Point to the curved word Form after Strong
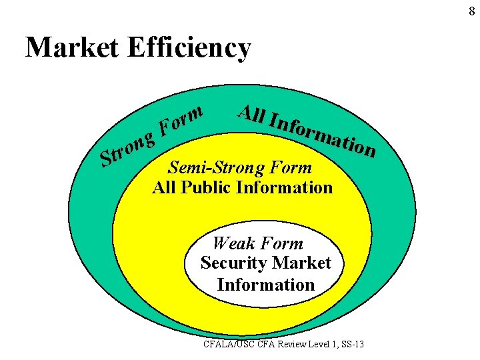click(x=180, y=120)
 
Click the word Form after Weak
click(x=283, y=243)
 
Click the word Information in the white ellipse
click(x=265, y=285)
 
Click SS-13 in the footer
click(x=360, y=345)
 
